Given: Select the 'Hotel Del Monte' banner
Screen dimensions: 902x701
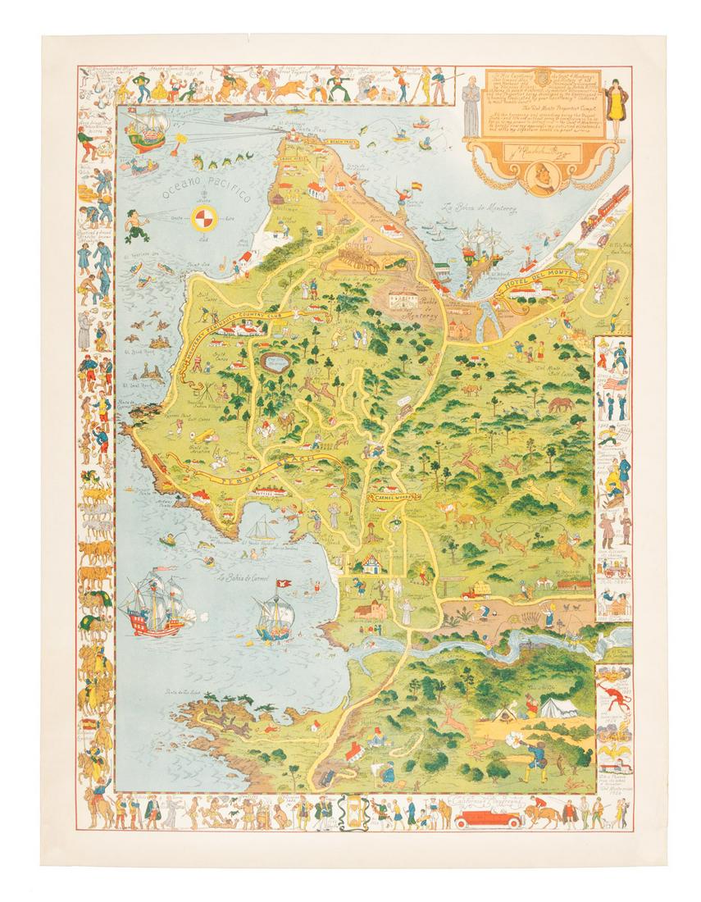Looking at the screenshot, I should [542, 285].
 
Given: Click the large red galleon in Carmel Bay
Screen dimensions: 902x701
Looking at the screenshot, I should [153, 607].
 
